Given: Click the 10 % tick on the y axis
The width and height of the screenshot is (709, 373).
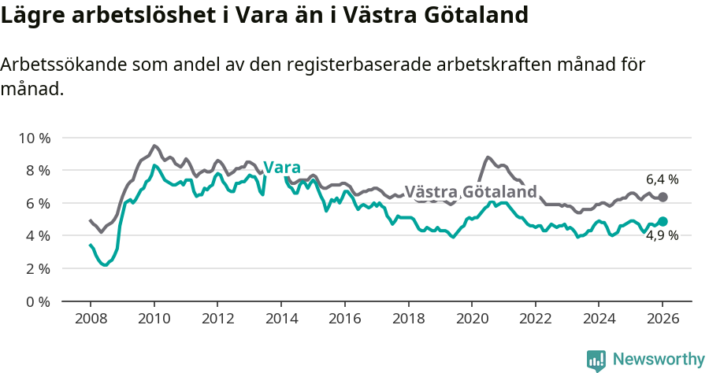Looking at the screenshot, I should (33, 138).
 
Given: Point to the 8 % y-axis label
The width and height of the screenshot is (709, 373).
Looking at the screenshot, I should (36, 171).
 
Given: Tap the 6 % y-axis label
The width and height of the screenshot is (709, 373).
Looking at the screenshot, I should (36, 203).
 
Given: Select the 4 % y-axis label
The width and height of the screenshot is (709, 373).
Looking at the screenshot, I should (36, 236).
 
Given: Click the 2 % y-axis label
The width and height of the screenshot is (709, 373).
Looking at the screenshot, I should (36, 268).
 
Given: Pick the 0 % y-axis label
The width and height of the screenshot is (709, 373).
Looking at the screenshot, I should (36, 301).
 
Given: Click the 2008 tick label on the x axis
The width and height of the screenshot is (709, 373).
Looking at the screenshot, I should (90, 319).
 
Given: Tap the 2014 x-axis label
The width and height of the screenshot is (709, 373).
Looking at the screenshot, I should (281, 319).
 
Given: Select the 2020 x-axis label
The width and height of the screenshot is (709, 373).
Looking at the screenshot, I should (472, 319).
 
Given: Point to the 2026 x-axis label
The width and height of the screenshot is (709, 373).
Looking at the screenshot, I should (663, 319).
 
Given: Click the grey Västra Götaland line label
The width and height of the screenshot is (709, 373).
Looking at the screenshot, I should (470, 192).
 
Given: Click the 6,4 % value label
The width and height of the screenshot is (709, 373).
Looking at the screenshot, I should (662, 179).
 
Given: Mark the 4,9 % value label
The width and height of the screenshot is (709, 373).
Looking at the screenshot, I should (662, 235).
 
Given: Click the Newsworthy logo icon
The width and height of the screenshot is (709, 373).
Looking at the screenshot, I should (596, 360).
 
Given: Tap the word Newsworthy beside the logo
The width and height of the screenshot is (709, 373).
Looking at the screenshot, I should (659, 360).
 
